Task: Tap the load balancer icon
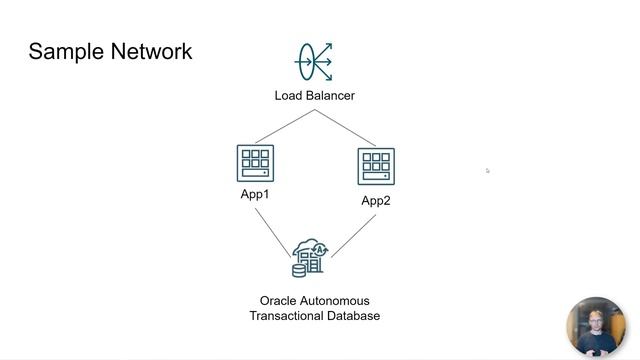[314, 61]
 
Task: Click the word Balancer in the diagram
[331, 96]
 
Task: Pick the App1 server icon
[255, 164]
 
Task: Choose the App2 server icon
[376, 166]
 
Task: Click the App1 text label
[255, 194]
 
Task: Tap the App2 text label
[376, 201]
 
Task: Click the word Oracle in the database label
[279, 300]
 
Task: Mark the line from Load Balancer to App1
[285, 127]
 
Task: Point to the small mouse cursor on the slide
[487, 170]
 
